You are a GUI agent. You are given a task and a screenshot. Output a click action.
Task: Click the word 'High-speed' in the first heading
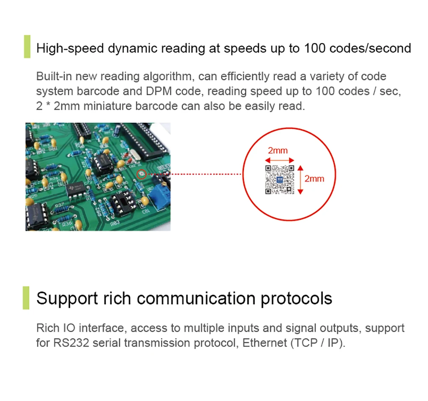click(x=70, y=48)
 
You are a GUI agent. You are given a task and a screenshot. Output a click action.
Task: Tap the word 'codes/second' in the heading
click(x=370, y=48)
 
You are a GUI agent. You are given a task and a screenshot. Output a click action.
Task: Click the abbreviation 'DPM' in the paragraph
click(x=159, y=91)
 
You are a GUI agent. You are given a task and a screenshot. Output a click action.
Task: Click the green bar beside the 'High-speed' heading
click(x=27, y=46)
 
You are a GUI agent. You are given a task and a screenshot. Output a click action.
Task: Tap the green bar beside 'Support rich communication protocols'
click(x=26, y=298)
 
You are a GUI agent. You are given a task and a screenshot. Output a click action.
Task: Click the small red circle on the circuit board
click(x=141, y=174)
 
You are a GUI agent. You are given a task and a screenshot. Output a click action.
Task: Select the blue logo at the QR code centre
click(x=279, y=180)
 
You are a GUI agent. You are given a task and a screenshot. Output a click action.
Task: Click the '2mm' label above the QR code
click(x=278, y=150)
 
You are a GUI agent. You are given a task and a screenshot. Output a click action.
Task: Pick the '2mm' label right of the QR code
click(x=314, y=179)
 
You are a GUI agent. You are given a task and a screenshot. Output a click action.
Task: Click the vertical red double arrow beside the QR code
click(x=300, y=180)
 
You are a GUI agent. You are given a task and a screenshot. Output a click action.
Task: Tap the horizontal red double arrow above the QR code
click(x=279, y=160)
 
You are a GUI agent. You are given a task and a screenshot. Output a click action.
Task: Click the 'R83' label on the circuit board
click(x=115, y=224)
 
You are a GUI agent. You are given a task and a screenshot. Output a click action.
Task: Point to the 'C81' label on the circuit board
click(x=146, y=212)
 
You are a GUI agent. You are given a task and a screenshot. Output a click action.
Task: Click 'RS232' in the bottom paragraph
click(x=71, y=343)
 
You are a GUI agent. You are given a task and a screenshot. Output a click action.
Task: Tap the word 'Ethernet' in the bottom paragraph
click(x=265, y=343)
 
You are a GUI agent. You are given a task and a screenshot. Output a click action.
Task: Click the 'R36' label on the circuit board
click(x=67, y=224)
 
